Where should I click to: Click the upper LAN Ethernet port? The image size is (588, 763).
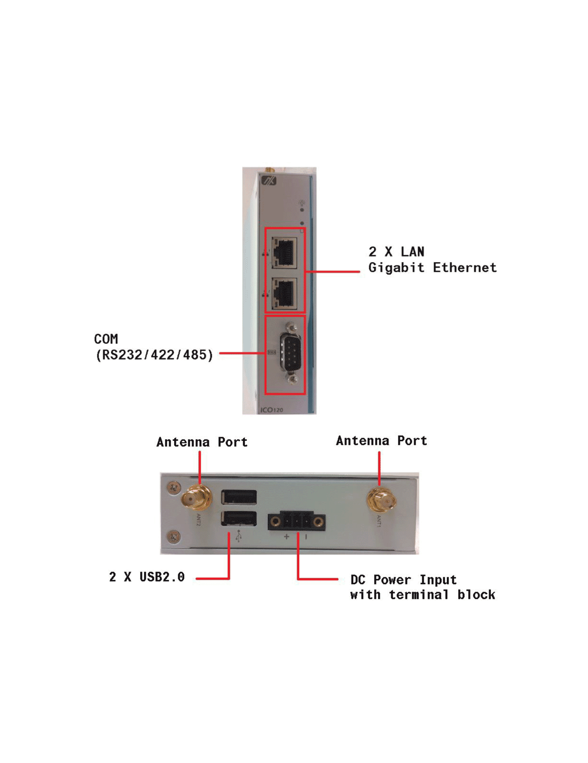(x=284, y=252)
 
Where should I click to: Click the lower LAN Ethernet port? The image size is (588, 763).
(x=284, y=293)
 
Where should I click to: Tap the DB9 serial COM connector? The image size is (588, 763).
(x=289, y=352)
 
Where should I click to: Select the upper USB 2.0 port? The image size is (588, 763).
(x=239, y=497)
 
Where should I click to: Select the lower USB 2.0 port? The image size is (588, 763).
(x=239, y=518)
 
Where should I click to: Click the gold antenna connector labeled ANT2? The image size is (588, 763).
(x=197, y=498)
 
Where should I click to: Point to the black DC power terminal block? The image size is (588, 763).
(x=297, y=521)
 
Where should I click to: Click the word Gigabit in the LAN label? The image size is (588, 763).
(x=396, y=268)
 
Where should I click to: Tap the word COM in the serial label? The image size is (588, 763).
(x=106, y=339)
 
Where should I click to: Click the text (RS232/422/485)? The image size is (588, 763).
(x=154, y=355)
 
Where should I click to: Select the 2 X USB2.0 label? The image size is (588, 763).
(x=147, y=577)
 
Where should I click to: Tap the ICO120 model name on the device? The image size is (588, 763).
(x=272, y=410)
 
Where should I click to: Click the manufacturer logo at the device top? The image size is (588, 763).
(x=269, y=181)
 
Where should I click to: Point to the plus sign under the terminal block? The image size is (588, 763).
(x=286, y=537)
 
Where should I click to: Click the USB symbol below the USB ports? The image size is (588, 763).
(x=238, y=536)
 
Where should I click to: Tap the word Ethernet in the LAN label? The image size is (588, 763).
(x=465, y=268)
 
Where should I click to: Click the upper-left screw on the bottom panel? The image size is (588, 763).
(x=174, y=487)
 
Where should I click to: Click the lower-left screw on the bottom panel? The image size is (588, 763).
(x=174, y=537)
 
